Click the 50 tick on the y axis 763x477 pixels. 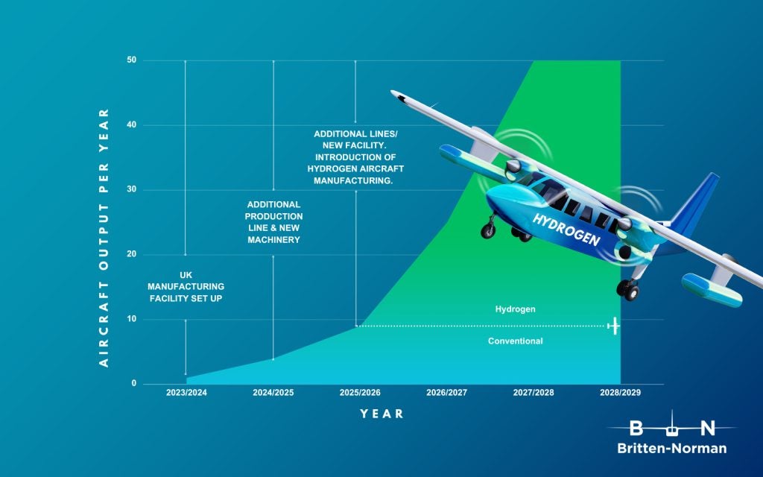coord(132,60)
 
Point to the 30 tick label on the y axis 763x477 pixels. coord(132,189)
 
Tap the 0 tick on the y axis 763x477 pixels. coord(134,383)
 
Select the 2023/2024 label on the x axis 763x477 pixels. coord(186,392)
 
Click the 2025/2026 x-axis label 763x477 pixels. coord(360,392)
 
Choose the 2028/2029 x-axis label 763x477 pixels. coord(621,392)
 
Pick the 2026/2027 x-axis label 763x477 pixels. coord(447,392)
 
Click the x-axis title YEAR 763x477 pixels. coord(382,414)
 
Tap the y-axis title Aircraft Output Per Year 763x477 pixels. coord(104,238)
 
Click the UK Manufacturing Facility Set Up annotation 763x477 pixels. coord(186,287)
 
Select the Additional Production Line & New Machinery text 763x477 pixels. coord(273,222)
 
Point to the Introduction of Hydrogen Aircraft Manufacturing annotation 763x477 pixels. coord(355,169)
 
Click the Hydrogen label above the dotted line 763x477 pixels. coord(516,309)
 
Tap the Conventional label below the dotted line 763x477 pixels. coord(516,341)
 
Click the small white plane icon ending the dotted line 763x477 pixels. coord(614,326)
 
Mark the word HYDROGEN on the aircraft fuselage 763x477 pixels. coord(566,230)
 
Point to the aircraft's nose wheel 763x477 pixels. coord(488,230)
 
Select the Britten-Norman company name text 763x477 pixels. coord(672,448)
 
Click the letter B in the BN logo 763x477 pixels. coord(636,429)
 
